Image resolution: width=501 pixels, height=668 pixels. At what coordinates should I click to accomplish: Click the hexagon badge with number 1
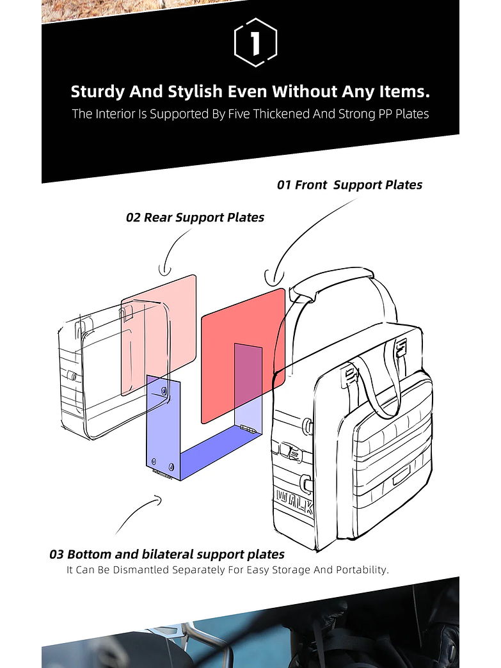255,43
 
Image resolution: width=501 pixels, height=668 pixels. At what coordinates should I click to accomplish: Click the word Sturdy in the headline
97,91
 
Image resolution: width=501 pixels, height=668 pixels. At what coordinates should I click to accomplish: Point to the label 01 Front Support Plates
349,185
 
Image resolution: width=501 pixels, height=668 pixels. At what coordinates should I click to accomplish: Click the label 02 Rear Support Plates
195,218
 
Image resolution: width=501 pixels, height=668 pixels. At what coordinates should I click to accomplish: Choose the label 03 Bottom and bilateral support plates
167,554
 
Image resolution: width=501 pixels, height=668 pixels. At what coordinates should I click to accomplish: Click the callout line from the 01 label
301,237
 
